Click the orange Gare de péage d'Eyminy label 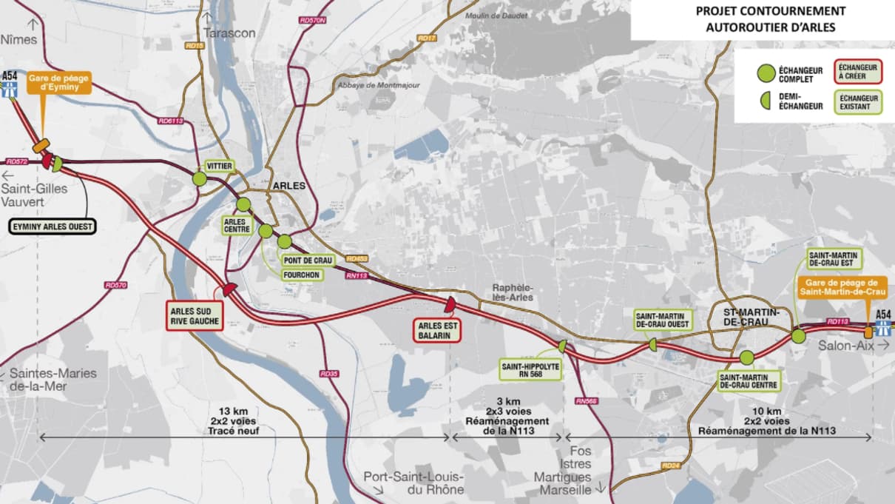click(x=60, y=82)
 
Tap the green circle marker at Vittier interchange click(x=200, y=178)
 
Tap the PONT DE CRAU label click(x=309, y=261)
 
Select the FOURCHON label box click(x=301, y=274)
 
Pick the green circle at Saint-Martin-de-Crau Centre click(x=746, y=357)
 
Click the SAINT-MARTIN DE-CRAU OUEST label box click(x=663, y=319)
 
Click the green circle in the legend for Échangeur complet click(x=766, y=73)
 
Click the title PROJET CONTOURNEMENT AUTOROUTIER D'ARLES click(x=762, y=20)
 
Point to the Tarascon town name click(x=229, y=33)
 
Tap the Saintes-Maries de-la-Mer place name click(x=53, y=379)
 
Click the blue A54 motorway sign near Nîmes click(x=10, y=86)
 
